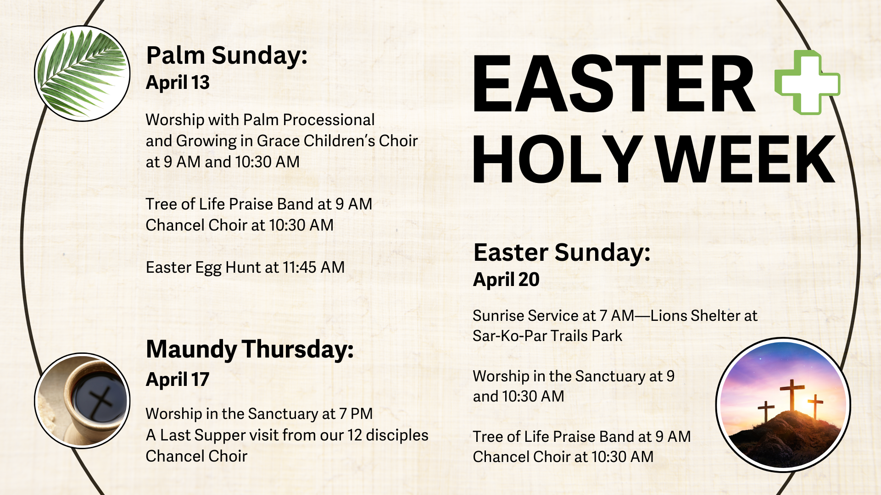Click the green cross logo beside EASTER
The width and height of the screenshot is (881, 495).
click(807, 82)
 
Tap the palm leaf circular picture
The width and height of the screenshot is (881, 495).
click(82, 73)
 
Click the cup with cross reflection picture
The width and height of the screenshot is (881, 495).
click(82, 401)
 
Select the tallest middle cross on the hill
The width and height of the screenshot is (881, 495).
click(792, 395)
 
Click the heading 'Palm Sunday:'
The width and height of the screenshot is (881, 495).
click(227, 55)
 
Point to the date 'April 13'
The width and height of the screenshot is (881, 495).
click(178, 82)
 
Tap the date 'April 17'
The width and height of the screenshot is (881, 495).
click(178, 379)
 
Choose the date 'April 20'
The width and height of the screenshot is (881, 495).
click(506, 280)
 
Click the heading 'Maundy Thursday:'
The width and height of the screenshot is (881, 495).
click(250, 349)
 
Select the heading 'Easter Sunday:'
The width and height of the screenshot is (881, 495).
click(562, 253)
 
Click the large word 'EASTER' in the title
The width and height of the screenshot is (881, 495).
click(613, 83)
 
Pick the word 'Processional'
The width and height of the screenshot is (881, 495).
click(329, 120)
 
